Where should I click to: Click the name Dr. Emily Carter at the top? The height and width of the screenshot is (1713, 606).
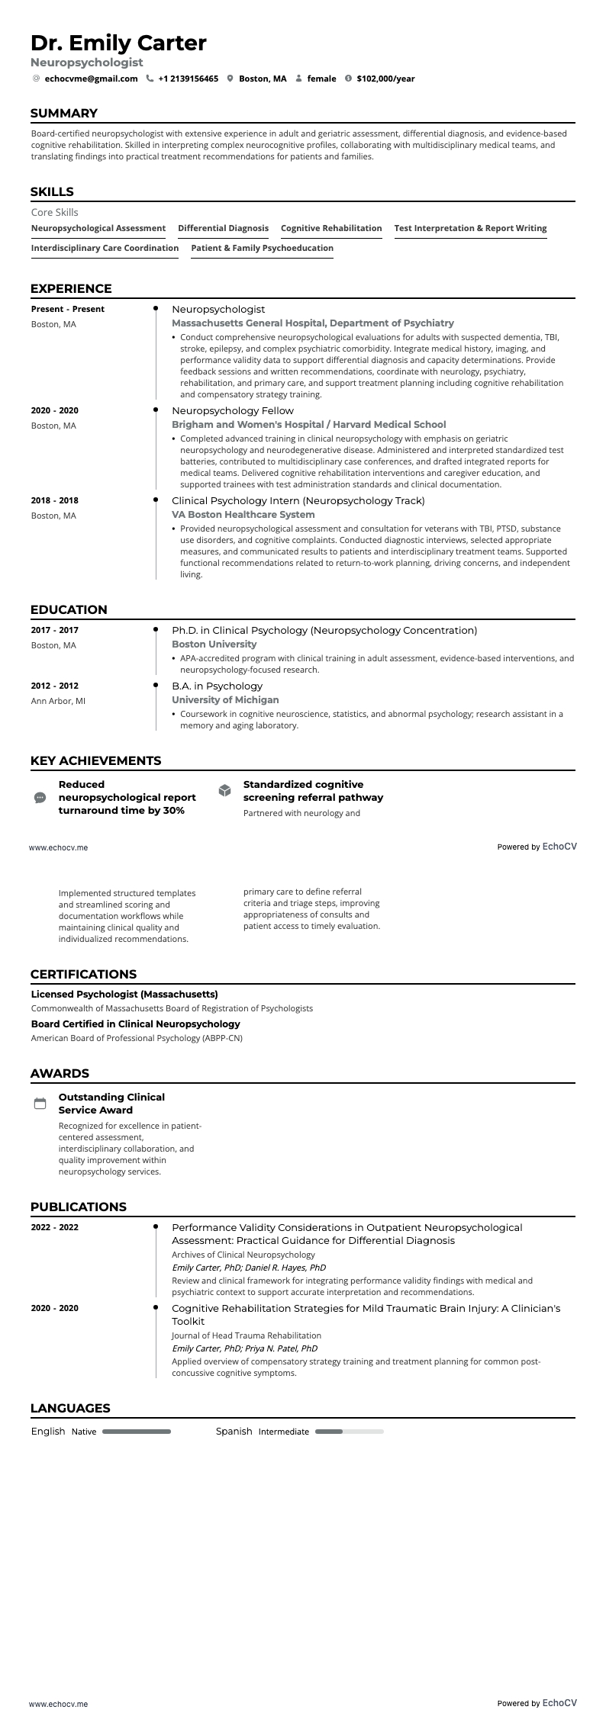click(118, 43)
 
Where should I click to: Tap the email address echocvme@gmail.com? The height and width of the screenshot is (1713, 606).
click(91, 79)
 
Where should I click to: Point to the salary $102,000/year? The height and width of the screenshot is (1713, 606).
click(385, 79)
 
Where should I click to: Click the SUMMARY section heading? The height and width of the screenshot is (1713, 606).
click(64, 114)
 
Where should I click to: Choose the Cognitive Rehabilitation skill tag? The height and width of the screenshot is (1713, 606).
click(331, 228)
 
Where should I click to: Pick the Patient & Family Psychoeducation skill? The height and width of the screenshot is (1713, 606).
click(262, 248)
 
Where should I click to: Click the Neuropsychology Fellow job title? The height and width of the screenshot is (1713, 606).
click(232, 410)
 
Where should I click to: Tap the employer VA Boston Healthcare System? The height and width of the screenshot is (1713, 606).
click(243, 515)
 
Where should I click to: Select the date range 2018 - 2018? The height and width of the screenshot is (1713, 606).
click(55, 500)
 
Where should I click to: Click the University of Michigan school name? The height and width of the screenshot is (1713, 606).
click(225, 699)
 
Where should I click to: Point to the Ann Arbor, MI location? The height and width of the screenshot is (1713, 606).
click(58, 701)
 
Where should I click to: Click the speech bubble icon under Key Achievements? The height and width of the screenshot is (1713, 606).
click(40, 798)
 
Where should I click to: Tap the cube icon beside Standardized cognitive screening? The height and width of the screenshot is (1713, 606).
click(224, 790)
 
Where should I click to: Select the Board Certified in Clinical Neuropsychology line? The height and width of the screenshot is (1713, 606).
click(135, 1024)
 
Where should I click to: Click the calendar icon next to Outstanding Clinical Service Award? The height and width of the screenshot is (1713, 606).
click(40, 1104)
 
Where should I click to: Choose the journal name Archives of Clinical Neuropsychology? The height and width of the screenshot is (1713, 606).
click(243, 1255)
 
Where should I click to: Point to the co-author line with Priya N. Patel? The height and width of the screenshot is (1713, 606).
click(244, 1348)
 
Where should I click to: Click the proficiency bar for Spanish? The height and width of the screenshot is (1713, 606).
click(349, 1432)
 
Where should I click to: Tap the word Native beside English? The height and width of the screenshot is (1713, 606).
click(84, 1432)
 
